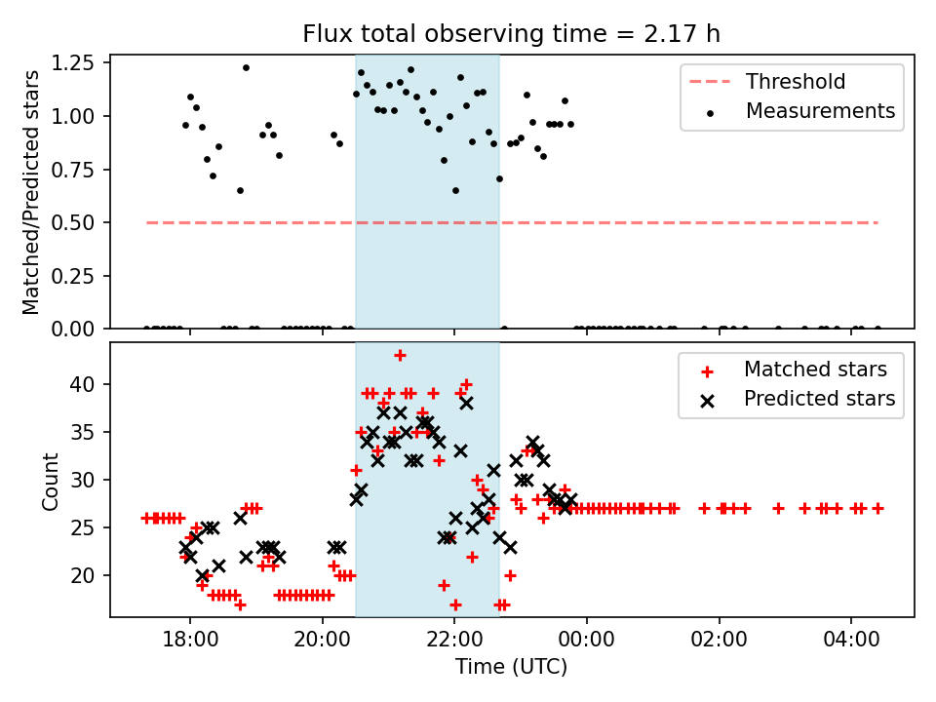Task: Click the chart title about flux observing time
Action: click(511, 34)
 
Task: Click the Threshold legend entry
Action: click(796, 82)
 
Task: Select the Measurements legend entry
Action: click(820, 111)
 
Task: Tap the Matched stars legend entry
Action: click(815, 370)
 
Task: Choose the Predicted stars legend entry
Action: click(819, 399)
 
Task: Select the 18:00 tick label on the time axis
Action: click(189, 643)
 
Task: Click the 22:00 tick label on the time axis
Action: click(454, 643)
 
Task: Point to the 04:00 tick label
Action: click(851, 643)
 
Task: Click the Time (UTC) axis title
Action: click(511, 668)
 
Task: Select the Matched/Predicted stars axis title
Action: click(31, 191)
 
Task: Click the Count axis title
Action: click(51, 481)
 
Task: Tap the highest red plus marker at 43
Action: click(400, 355)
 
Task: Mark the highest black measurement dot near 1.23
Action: click(246, 67)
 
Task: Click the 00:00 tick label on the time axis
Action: click(587, 643)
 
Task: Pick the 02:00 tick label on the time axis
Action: click(720, 643)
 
